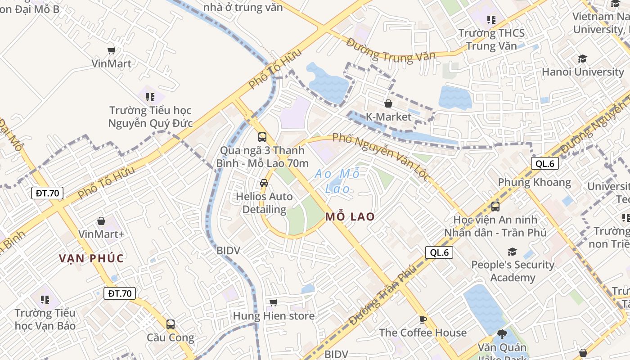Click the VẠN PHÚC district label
(x=91, y=258)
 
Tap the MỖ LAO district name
(x=350, y=216)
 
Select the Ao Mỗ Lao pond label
(x=337, y=181)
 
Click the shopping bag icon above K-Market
(x=388, y=103)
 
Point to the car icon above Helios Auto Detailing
(x=264, y=183)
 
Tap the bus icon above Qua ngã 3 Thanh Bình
(x=262, y=137)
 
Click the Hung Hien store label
(x=274, y=316)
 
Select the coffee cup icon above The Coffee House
(x=423, y=319)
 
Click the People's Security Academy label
(x=513, y=271)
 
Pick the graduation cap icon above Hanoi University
(x=583, y=58)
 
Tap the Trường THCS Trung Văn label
(x=491, y=39)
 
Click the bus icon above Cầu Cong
(x=171, y=324)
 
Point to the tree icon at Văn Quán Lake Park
(x=502, y=334)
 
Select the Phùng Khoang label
(x=534, y=182)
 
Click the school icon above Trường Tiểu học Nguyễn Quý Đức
(x=150, y=97)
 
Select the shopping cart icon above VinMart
(x=112, y=50)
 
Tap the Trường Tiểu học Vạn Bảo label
(x=45, y=319)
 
